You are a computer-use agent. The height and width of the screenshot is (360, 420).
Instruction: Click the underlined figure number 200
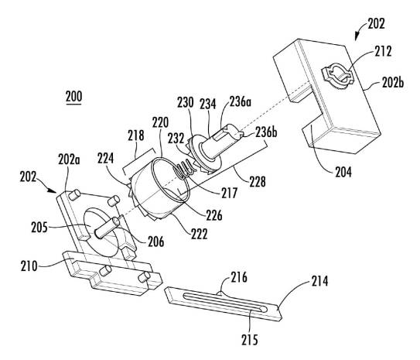pos(74,97)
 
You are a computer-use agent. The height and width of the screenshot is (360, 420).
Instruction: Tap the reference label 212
pos(383,51)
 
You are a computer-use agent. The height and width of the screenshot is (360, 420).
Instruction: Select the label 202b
pos(393,83)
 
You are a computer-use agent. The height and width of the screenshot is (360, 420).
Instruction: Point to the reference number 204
pos(343,172)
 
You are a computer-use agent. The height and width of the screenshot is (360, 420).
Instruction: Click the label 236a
pos(241,101)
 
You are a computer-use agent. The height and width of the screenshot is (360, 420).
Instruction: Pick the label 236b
pos(266,132)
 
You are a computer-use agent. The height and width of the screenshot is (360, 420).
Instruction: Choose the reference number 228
pos(258,181)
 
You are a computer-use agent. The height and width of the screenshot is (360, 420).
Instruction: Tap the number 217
pos(229,193)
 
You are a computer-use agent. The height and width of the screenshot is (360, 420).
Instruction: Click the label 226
pos(214,215)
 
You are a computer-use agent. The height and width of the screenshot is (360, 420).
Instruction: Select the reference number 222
pos(200,234)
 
